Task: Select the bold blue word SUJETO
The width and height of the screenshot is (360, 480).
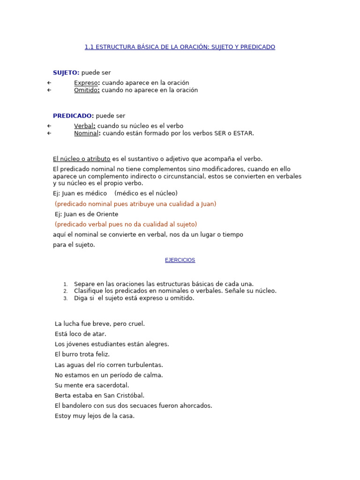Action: [66, 73]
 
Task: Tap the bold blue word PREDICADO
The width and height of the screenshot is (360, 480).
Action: [73, 116]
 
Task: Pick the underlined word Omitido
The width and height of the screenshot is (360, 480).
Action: [86, 90]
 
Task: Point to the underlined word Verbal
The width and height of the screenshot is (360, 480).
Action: [84, 126]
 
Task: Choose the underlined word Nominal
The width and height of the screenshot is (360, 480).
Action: [86, 133]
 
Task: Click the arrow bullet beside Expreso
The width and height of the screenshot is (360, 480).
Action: [49, 83]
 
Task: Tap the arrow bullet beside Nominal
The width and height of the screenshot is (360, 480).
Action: [49, 133]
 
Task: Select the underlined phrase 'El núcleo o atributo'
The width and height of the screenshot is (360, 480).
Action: [82, 159]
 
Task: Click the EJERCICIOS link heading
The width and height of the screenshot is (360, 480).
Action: [180, 260]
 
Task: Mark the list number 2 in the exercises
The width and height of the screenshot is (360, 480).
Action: [66, 291]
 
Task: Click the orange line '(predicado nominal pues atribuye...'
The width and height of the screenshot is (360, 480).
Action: [135, 204]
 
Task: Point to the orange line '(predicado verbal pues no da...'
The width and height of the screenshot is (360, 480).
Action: [126, 224]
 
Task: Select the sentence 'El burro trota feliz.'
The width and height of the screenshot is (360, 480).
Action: [82, 354]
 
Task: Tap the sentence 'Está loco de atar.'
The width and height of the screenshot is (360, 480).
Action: [81, 334]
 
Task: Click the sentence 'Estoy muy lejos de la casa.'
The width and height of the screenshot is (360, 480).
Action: [95, 416]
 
